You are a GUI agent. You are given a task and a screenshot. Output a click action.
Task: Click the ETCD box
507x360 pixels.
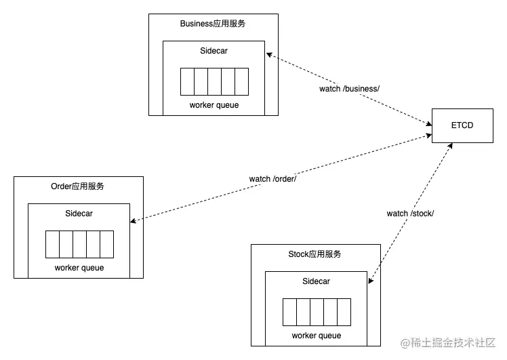pyautogui.click(x=462, y=125)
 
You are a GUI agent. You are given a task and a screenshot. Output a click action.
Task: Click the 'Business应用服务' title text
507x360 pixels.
pyautogui.click(x=213, y=24)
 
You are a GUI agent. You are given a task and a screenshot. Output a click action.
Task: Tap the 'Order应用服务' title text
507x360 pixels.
pyautogui.click(x=78, y=186)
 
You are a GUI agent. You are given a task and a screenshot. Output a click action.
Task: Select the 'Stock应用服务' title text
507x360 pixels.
pyautogui.click(x=315, y=254)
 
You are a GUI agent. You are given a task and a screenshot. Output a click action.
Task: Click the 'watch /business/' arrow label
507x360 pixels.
pyautogui.click(x=350, y=89)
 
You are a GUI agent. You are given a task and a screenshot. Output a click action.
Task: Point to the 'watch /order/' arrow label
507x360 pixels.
pyautogui.click(x=273, y=179)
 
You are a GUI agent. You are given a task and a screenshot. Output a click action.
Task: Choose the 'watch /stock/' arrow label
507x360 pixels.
pyautogui.click(x=410, y=214)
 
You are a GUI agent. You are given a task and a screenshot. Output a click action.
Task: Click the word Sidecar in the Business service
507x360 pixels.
pyautogui.click(x=214, y=51)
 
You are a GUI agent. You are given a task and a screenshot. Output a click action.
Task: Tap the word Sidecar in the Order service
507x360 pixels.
pyautogui.click(x=79, y=214)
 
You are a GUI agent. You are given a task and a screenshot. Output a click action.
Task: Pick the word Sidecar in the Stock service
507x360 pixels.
pyautogui.click(x=316, y=281)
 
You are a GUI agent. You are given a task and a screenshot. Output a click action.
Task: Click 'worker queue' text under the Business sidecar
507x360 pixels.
pyautogui.click(x=214, y=105)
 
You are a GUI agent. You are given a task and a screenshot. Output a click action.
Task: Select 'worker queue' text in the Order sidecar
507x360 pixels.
pyautogui.click(x=79, y=268)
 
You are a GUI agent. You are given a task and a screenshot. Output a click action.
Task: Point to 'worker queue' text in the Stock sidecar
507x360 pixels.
pyautogui.click(x=317, y=336)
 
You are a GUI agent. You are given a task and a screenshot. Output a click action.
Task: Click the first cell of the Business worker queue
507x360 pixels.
pyautogui.click(x=187, y=81)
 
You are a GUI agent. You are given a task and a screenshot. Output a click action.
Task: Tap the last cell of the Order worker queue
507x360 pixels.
pyautogui.click(x=106, y=244)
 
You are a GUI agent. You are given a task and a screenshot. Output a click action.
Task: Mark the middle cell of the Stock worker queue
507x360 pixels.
pyautogui.click(x=317, y=312)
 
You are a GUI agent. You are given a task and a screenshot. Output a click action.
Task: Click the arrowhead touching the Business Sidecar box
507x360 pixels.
pyautogui.click(x=269, y=55)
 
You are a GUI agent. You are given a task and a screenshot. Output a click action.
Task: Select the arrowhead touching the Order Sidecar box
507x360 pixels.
pyautogui.click(x=134, y=220)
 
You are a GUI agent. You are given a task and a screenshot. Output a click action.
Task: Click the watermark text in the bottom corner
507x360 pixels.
pyautogui.click(x=449, y=344)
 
